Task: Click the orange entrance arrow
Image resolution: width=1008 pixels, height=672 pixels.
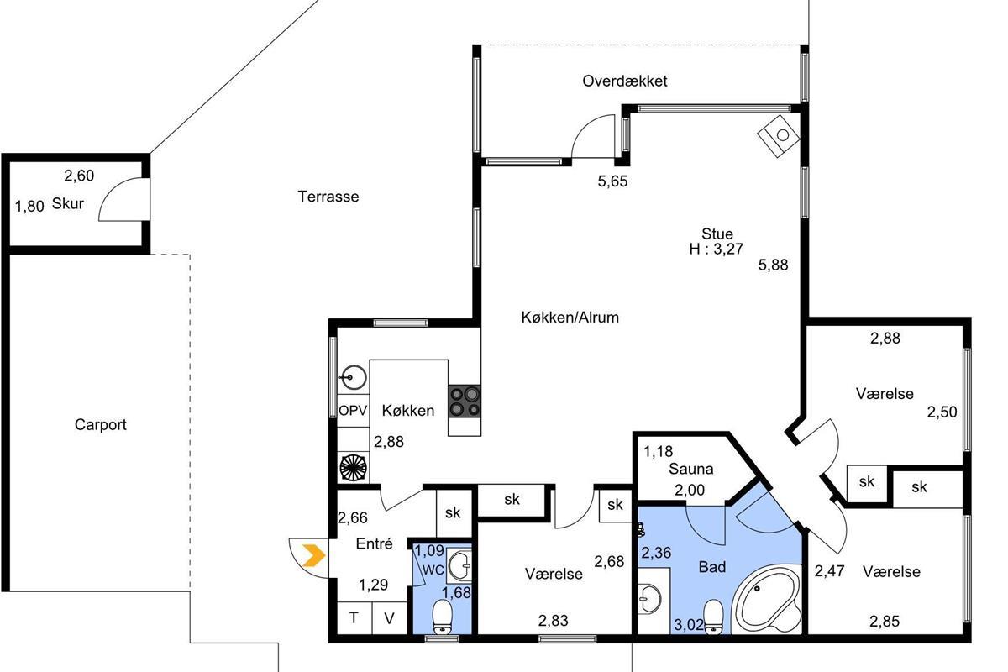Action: [x=314, y=555]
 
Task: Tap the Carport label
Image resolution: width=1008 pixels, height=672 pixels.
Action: [x=100, y=424]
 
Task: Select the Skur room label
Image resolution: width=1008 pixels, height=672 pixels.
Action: [x=68, y=203]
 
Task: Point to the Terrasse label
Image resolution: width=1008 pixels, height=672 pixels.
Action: [x=328, y=197]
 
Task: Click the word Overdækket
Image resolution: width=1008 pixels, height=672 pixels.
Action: [x=625, y=81]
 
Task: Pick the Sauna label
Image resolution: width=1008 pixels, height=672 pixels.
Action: [x=691, y=469]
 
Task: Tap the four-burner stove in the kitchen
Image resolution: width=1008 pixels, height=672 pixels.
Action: [x=465, y=401]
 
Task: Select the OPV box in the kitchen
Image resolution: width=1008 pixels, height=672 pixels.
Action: [x=354, y=411]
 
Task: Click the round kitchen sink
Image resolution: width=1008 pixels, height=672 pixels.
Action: [x=354, y=377]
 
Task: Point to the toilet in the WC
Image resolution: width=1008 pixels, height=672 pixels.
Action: [x=443, y=617]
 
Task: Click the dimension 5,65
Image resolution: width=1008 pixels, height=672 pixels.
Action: [x=612, y=181]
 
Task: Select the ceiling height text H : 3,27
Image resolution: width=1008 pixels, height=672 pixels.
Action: [x=716, y=249]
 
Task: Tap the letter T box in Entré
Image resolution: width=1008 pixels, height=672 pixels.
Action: [x=354, y=618]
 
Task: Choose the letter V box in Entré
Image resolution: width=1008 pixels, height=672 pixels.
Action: [x=389, y=618]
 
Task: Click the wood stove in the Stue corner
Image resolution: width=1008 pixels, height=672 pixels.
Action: [x=779, y=135]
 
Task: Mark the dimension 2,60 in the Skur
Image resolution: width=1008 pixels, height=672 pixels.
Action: [x=79, y=176]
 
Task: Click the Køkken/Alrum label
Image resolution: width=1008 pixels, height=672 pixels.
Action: [x=570, y=318]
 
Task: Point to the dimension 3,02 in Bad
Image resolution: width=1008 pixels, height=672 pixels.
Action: [x=689, y=625]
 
